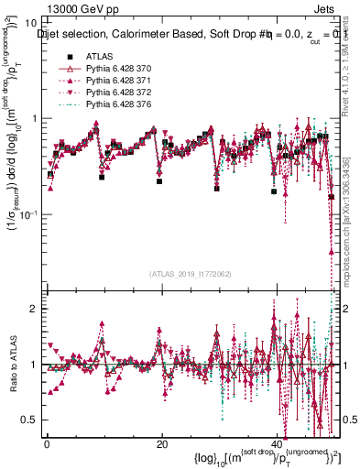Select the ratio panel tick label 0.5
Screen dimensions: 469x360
pyautogui.click(x=29, y=420)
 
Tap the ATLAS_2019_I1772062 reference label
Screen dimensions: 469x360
pyautogui.click(x=191, y=273)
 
